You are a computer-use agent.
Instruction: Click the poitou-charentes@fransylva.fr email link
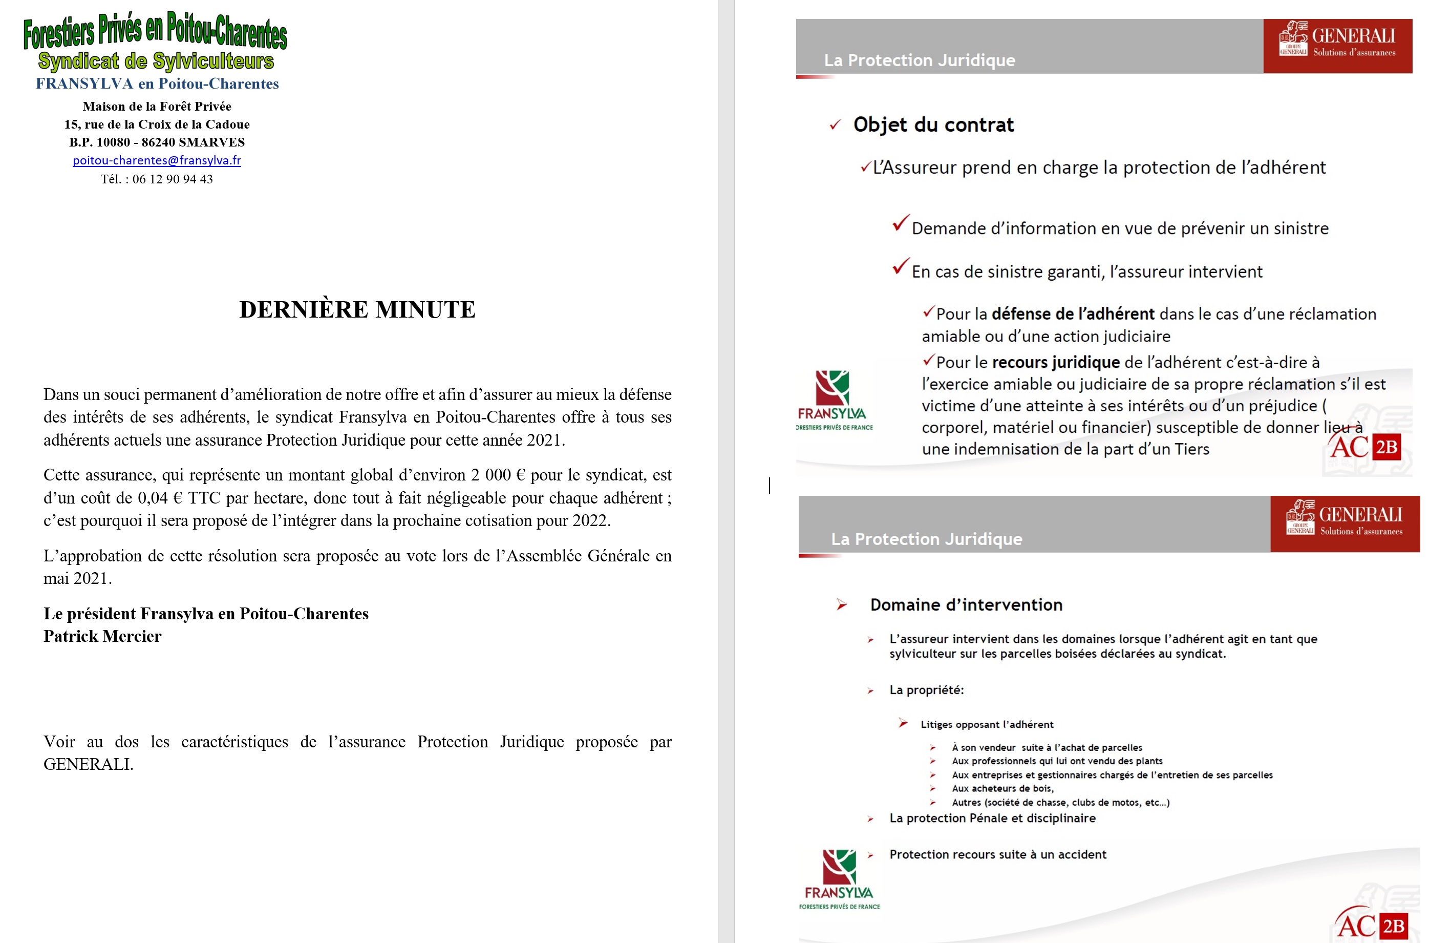point(157,160)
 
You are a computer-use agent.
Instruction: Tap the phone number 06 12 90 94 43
point(173,179)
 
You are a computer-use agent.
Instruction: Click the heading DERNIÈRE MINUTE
point(357,310)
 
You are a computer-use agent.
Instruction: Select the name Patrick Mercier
point(102,636)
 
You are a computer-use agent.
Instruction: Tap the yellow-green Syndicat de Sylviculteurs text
point(156,61)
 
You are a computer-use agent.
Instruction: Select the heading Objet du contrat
point(933,125)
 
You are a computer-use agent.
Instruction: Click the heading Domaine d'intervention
point(966,605)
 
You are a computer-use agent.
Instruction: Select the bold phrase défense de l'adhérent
point(1073,314)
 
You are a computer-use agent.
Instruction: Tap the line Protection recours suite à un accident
point(997,854)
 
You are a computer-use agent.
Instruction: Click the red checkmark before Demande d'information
point(901,223)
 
